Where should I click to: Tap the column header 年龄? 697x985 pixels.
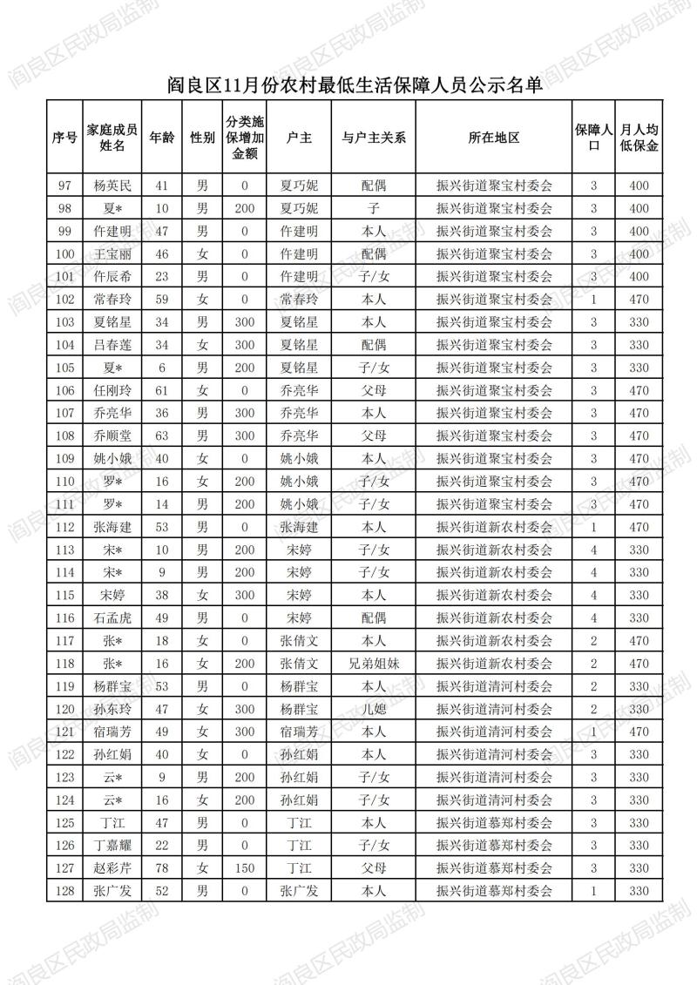161,138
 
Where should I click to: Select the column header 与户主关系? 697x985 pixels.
374,138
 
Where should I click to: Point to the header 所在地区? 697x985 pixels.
494,138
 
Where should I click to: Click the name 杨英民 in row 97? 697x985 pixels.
112,186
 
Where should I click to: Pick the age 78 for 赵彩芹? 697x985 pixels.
161,868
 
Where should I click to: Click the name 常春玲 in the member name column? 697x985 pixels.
112,300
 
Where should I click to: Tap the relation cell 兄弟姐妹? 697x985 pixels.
374,664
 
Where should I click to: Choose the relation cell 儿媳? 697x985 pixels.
374,709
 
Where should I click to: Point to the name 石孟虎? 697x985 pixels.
112,618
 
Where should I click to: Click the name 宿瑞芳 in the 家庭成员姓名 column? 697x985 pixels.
112,732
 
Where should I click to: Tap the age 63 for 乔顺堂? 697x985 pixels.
161,435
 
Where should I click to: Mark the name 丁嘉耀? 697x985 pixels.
112,846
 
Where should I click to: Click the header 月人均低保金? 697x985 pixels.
639,138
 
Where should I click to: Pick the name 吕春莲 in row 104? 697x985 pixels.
112,345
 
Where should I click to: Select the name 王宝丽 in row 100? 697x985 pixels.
112,254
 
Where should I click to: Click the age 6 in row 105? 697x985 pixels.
161,368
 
